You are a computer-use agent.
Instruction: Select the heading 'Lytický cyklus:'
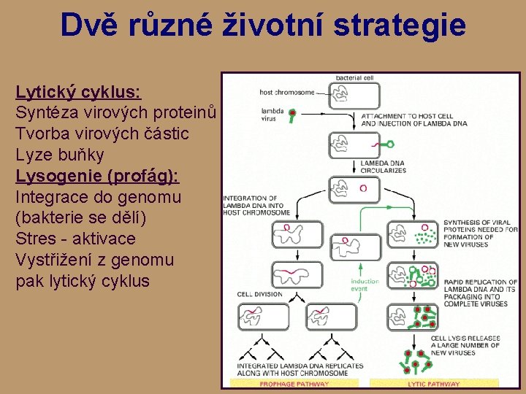point(78,93)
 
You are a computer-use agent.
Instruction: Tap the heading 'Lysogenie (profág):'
point(97,177)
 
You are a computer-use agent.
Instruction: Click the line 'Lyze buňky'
point(59,155)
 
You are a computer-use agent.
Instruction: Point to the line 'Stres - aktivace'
point(75,239)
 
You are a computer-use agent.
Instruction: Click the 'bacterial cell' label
point(355,77)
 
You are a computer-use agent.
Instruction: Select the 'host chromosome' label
point(286,93)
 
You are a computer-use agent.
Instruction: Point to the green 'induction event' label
point(365,285)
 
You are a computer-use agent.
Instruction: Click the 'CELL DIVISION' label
point(259,295)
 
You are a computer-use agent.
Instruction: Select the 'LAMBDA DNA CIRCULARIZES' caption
point(383,167)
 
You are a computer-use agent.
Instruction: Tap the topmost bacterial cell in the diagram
point(354,95)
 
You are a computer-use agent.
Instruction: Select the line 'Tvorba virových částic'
point(102,134)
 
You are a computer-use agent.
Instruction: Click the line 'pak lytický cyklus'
point(82,282)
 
